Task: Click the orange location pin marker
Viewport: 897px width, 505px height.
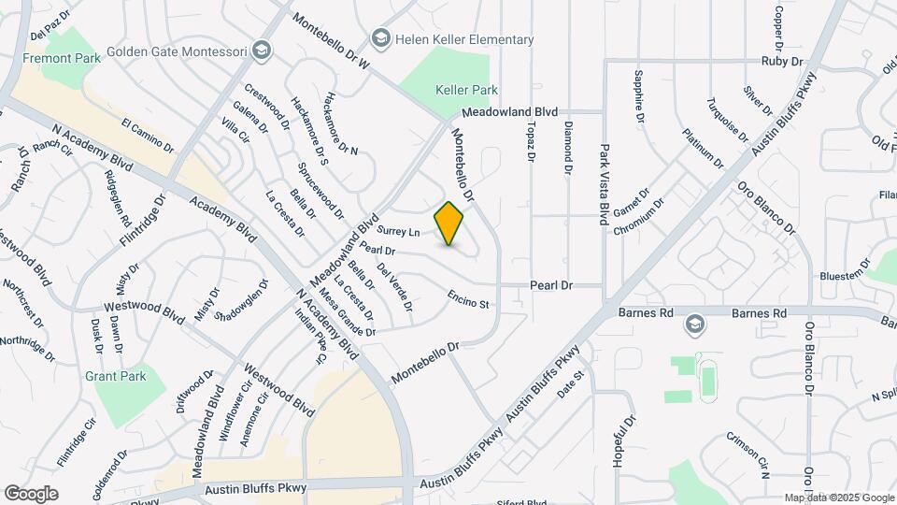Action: (x=449, y=223)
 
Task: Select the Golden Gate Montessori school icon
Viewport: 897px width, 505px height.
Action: (x=263, y=50)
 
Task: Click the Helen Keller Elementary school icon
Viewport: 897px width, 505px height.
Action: (x=379, y=38)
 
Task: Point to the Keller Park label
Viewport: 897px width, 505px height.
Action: (x=466, y=90)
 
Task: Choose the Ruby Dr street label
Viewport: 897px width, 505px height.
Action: (x=782, y=61)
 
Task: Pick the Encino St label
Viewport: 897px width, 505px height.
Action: (x=468, y=298)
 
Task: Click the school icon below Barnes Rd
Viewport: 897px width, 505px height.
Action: (x=694, y=325)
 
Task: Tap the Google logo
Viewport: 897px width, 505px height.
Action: (x=31, y=493)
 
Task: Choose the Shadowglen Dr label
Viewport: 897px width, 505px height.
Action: (x=241, y=299)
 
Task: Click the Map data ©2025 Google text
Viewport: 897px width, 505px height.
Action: (x=838, y=498)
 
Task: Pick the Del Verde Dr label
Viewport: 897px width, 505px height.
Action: (x=395, y=286)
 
